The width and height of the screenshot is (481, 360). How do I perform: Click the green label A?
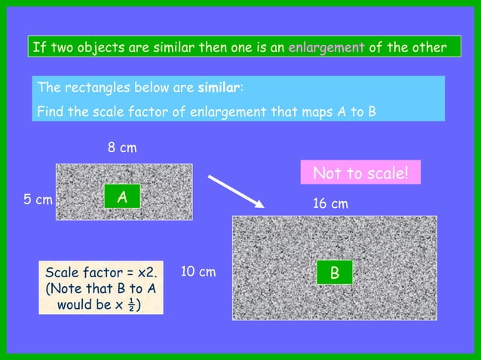(x=121, y=197)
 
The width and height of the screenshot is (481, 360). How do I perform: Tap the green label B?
(x=333, y=273)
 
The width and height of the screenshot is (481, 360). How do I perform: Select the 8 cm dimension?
(x=121, y=148)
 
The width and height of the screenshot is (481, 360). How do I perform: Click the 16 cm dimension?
(x=330, y=204)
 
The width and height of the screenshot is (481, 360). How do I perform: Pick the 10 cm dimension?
(x=198, y=271)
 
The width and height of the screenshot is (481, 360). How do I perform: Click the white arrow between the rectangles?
(x=234, y=191)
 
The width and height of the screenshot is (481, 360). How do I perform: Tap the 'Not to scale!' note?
(x=360, y=173)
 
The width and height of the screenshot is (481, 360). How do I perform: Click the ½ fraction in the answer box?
(x=133, y=305)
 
